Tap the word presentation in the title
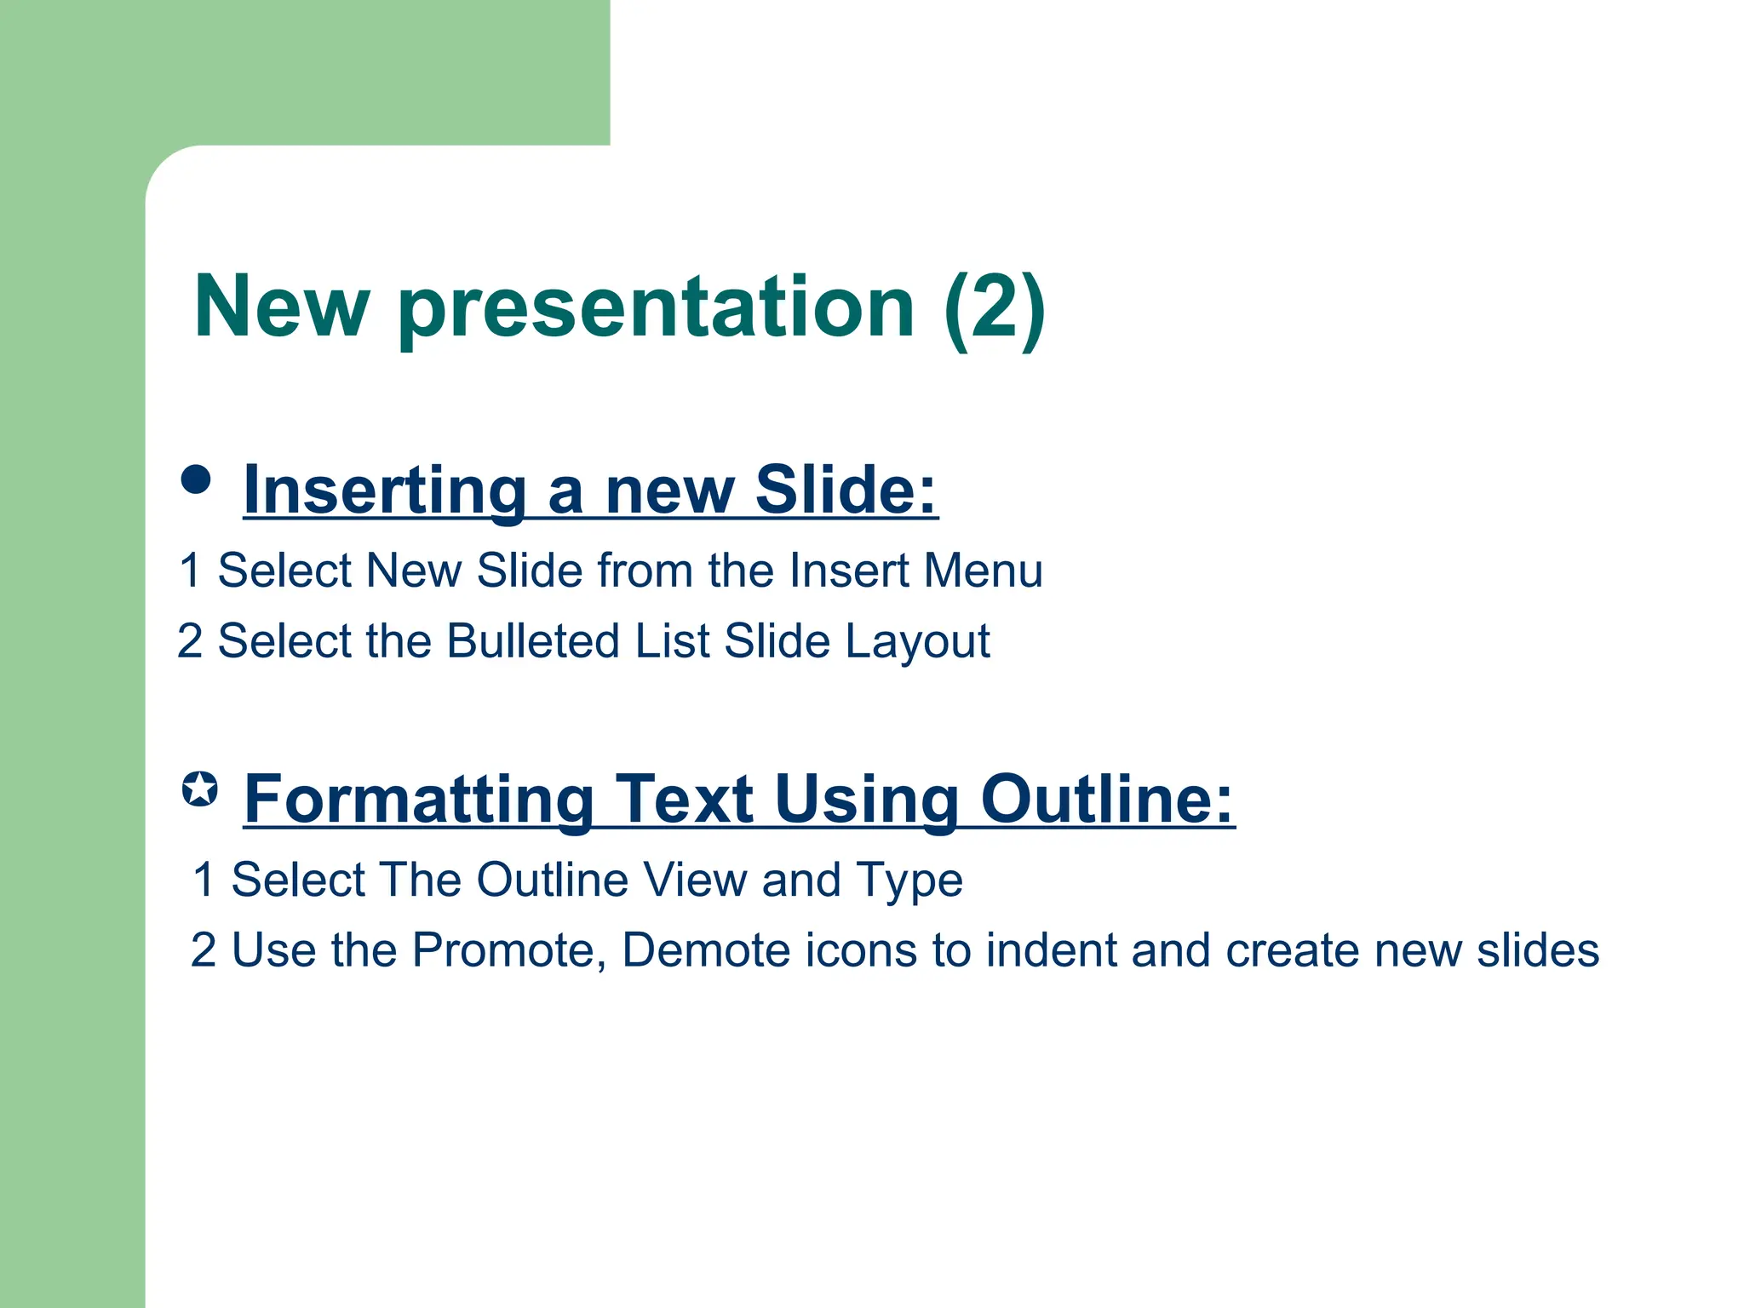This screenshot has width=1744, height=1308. click(x=656, y=308)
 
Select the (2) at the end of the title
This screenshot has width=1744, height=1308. click(x=995, y=308)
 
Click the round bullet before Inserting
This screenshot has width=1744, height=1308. click(x=196, y=479)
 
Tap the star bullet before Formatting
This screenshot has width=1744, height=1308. click(x=200, y=789)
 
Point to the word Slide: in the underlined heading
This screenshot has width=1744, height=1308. click(x=846, y=490)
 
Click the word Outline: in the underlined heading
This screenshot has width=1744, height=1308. click(x=1106, y=800)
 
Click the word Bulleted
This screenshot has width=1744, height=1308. click(x=533, y=641)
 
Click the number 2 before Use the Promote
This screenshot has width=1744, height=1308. click(x=204, y=950)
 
